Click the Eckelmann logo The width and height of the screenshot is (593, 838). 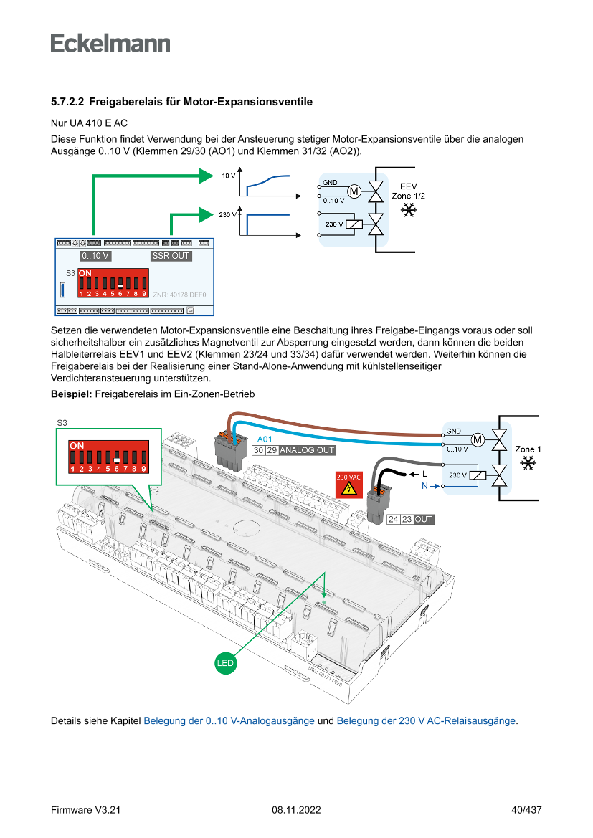(x=110, y=43)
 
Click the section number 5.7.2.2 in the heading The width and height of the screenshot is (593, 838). (x=67, y=103)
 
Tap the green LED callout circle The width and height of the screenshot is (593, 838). (x=225, y=663)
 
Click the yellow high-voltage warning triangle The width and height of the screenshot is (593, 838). (x=349, y=489)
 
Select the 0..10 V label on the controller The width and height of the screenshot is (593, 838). (x=95, y=256)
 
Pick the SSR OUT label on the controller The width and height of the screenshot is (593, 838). (x=171, y=256)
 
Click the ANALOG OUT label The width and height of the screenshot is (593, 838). (x=307, y=451)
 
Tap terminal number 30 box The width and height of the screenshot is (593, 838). (x=258, y=451)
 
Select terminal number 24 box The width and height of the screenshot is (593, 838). (x=393, y=519)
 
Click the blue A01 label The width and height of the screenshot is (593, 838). (x=265, y=439)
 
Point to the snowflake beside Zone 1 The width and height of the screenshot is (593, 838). (x=528, y=463)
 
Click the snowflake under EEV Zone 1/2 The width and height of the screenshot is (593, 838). (x=409, y=210)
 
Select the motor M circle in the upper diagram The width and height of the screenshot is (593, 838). (x=354, y=191)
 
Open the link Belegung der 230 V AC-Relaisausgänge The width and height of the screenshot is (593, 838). (x=426, y=721)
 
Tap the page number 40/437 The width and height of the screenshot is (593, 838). (x=526, y=810)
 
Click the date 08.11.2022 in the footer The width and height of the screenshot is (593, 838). (x=296, y=810)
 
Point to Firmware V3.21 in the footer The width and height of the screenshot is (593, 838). (x=85, y=810)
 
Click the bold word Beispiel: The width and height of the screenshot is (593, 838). (x=71, y=394)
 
